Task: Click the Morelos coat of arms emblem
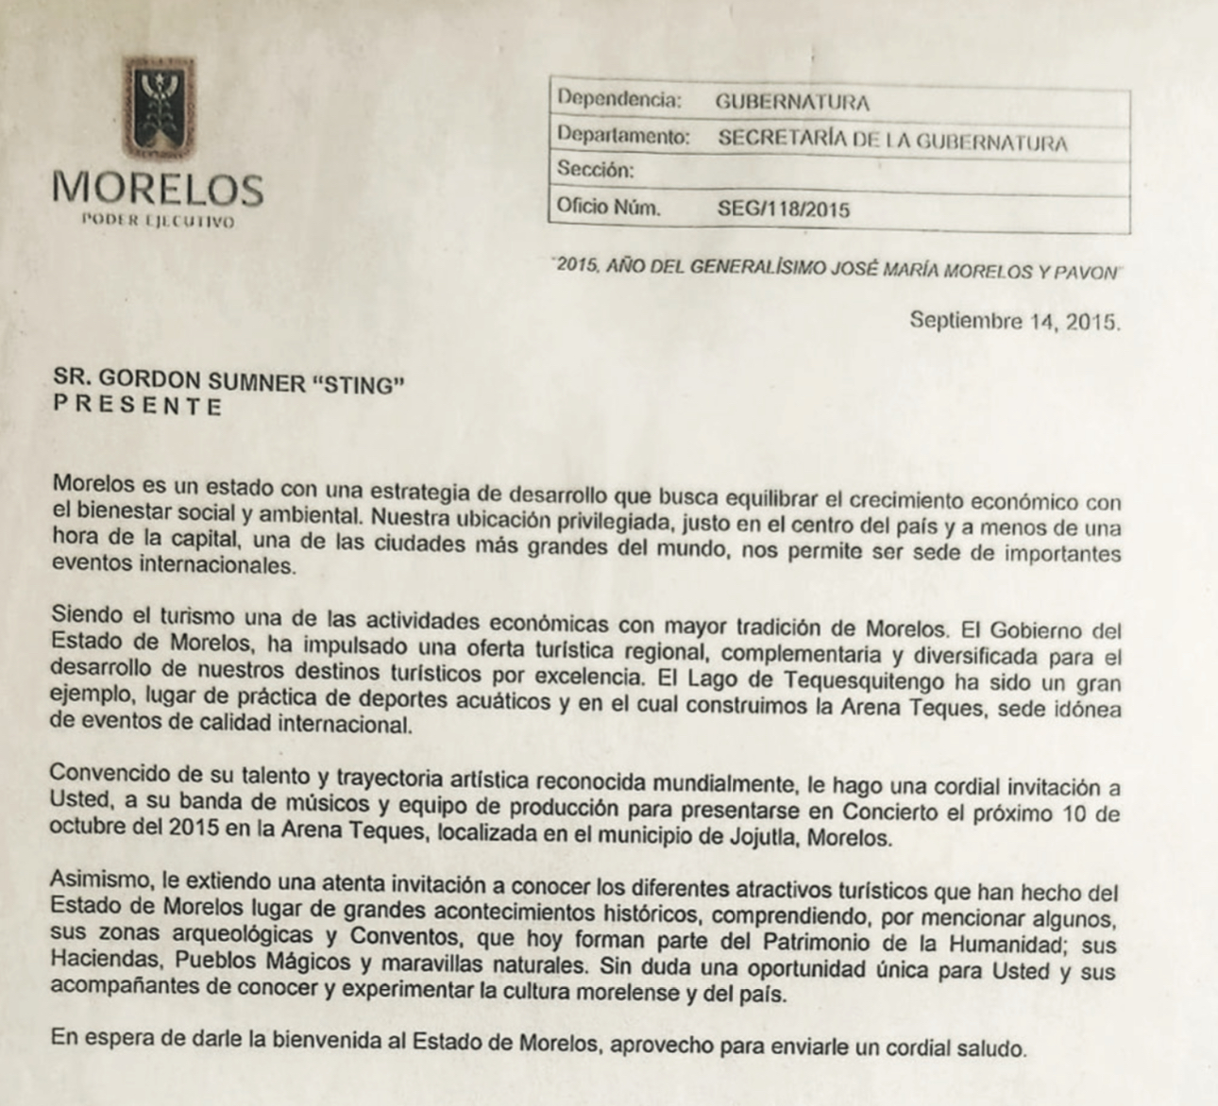tap(159, 109)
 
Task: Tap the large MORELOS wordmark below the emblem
tap(158, 189)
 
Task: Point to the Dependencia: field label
tap(618, 99)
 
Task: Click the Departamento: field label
tap(623, 136)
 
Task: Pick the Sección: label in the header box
tap(595, 170)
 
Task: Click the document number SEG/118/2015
tap(784, 209)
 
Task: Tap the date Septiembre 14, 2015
tap(1015, 321)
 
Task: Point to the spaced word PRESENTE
tap(138, 407)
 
